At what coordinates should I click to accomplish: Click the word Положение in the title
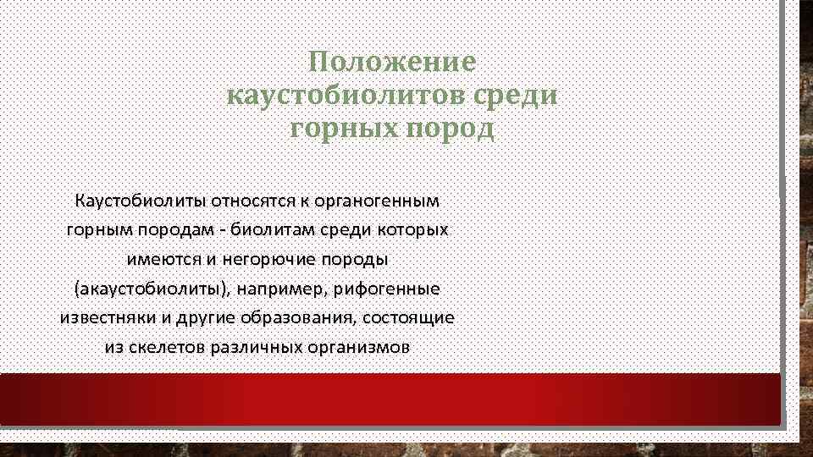392,63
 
